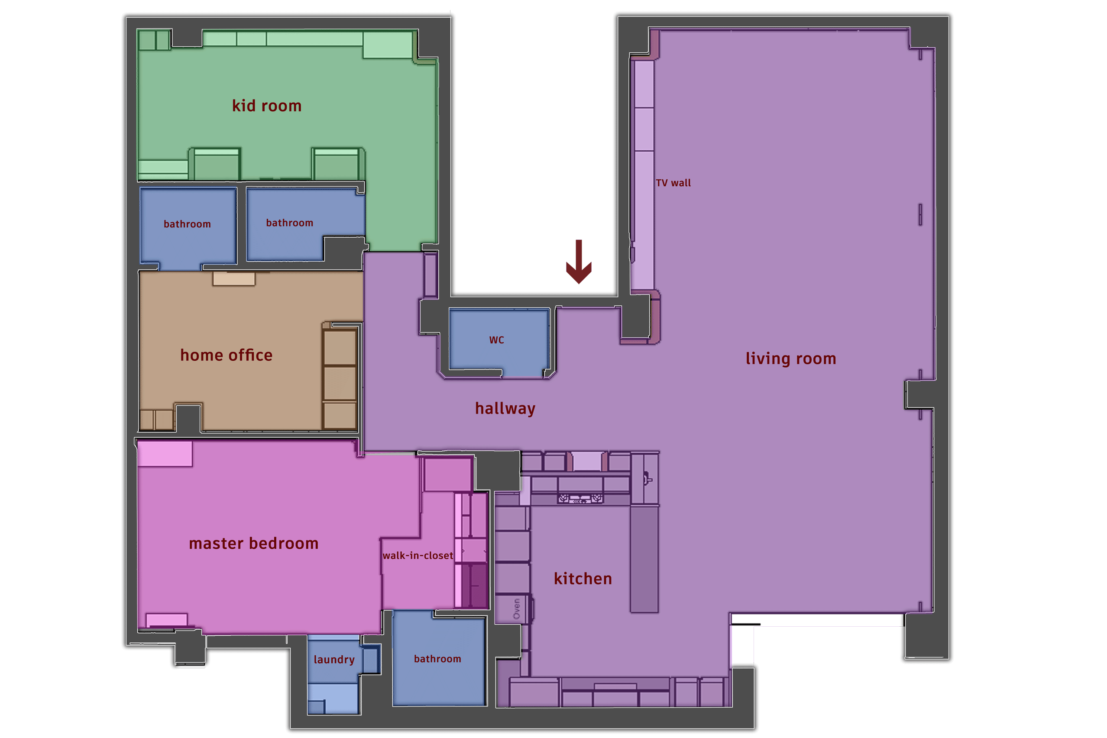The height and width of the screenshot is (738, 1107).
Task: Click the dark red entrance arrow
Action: click(579, 262)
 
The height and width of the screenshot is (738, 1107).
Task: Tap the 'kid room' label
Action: click(267, 106)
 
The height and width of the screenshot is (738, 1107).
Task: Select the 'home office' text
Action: click(227, 355)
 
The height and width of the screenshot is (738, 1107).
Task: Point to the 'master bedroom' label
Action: click(254, 544)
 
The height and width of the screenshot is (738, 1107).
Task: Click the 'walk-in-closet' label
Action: click(418, 555)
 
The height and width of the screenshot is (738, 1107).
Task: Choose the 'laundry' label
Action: click(334, 660)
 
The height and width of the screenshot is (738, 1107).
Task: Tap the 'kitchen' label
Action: click(583, 579)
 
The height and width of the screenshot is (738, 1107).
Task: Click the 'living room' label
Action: click(791, 359)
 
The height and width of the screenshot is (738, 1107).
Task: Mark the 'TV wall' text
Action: click(673, 183)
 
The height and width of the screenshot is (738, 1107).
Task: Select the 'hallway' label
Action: click(505, 408)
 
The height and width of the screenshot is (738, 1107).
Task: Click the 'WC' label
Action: click(497, 340)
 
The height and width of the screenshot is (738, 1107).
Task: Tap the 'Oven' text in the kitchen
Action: click(517, 609)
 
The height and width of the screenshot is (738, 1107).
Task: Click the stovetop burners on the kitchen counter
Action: click(580, 498)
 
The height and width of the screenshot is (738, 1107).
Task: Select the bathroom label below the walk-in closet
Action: click(438, 659)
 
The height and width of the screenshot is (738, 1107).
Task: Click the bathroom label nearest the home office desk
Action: click(188, 224)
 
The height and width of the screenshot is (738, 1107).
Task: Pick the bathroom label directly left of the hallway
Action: click(289, 223)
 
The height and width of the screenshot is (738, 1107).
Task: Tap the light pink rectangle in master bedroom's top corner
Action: click(165, 454)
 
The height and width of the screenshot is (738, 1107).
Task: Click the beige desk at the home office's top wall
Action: click(234, 278)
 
